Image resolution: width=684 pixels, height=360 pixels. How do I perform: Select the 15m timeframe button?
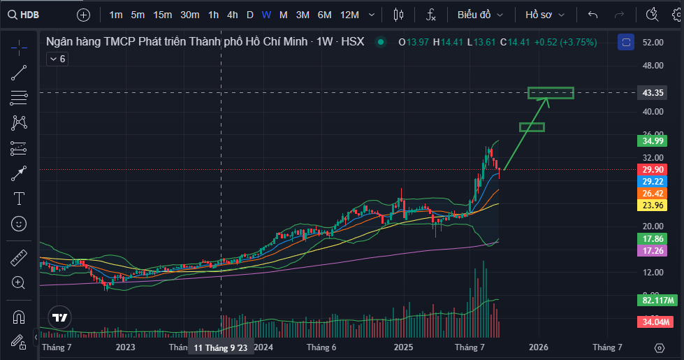tap(162, 14)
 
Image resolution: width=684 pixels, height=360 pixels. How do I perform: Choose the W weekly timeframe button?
tap(266, 14)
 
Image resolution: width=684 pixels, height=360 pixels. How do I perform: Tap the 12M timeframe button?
tap(349, 14)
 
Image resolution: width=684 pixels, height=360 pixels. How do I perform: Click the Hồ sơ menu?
tap(545, 14)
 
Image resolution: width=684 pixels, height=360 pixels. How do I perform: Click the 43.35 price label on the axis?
tap(652, 93)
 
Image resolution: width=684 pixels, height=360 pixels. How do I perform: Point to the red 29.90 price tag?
tap(652, 169)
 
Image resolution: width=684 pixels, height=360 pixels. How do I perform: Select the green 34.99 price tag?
tap(652, 141)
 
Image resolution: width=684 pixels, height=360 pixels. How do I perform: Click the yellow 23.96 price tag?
tap(652, 206)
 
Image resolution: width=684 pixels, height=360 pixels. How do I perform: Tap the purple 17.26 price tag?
tap(652, 250)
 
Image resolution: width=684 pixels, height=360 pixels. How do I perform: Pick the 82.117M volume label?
tap(657, 301)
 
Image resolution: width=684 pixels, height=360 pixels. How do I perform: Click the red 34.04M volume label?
tap(655, 322)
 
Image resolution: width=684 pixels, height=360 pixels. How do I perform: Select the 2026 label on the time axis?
tap(538, 347)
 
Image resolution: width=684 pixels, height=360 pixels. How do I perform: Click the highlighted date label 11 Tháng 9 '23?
tap(220, 347)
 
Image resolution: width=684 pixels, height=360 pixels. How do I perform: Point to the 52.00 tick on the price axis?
tap(652, 43)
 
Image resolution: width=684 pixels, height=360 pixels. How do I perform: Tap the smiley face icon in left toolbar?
tap(19, 224)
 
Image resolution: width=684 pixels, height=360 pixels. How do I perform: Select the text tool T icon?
tap(19, 199)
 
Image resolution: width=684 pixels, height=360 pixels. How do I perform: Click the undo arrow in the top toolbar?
tap(593, 14)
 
